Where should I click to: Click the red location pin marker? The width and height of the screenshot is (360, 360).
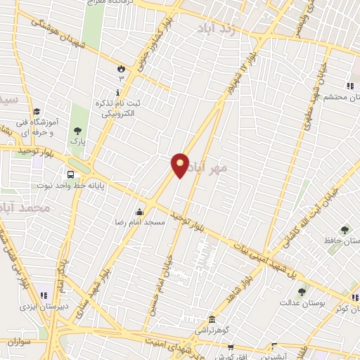coord(180,165)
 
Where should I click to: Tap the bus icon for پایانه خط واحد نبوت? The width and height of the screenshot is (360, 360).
coord(70,175)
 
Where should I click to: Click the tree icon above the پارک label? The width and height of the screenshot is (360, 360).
coord(77,130)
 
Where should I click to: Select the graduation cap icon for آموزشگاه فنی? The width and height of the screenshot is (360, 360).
coord(36,111)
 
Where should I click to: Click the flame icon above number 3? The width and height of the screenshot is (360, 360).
coord(121,67)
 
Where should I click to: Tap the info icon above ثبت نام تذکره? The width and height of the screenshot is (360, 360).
coord(117,91)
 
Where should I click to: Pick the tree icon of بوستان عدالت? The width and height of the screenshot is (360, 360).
coord(302,292)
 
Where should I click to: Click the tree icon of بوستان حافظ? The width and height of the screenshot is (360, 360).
coord(344,230)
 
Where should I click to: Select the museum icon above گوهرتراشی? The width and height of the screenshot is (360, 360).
coord(211,319)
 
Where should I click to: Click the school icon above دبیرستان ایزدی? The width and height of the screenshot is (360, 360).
coord(43,296)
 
